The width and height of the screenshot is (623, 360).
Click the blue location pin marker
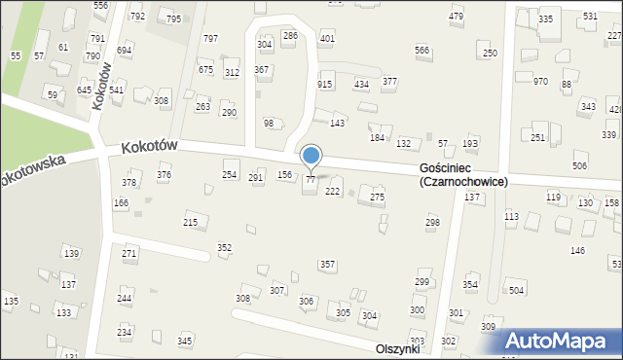tap(311, 156)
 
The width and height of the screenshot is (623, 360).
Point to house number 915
tap(325, 85)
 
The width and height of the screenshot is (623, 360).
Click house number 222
tap(332, 191)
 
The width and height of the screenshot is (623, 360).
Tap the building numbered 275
tap(377, 198)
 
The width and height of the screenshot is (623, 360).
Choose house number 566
tap(421, 50)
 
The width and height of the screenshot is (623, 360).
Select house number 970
tap(540, 82)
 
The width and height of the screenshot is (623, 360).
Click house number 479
tap(456, 18)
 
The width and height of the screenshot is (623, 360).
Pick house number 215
tap(191, 223)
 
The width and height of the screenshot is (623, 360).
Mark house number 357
tap(328, 265)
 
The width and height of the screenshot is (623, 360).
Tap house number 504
tap(516, 290)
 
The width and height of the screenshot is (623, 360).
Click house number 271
tap(129, 253)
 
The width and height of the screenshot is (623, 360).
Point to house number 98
tap(269, 123)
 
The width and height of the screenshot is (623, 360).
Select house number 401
tap(327, 39)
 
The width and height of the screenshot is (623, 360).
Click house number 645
tap(84, 90)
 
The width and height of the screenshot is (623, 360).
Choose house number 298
tap(432, 223)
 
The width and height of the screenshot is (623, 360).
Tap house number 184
tap(377, 138)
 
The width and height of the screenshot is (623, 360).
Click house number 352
tap(224, 247)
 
